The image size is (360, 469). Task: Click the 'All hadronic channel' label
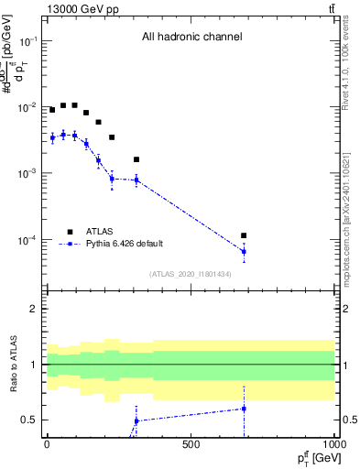pyautogui.click(x=191, y=38)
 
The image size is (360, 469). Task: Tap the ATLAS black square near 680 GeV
pyautogui.click(x=244, y=235)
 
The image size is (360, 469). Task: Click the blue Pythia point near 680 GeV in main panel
pyautogui.click(x=244, y=251)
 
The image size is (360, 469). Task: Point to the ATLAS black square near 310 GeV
pyautogui.click(x=136, y=159)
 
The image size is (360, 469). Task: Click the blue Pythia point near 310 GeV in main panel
pyautogui.click(x=136, y=180)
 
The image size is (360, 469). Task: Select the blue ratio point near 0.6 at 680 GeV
pyautogui.click(x=244, y=409)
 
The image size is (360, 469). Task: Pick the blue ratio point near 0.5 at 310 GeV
pyautogui.click(x=136, y=420)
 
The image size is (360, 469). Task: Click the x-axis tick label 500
pyautogui.click(x=191, y=444)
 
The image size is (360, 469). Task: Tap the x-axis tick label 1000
pyautogui.click(x=333, y=444)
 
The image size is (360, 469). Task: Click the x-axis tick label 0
pyautogui.click(x=47, y=444)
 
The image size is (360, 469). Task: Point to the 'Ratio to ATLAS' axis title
pyautogui.click(x=13, y=364)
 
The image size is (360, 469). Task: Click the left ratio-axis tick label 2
pyautogui.click(x=32, y=310)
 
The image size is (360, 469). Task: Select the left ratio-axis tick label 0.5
pyautogui.click(x=27, y=420)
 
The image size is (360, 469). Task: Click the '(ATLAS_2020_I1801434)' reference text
pyautogui.click(x=190, y=274)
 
